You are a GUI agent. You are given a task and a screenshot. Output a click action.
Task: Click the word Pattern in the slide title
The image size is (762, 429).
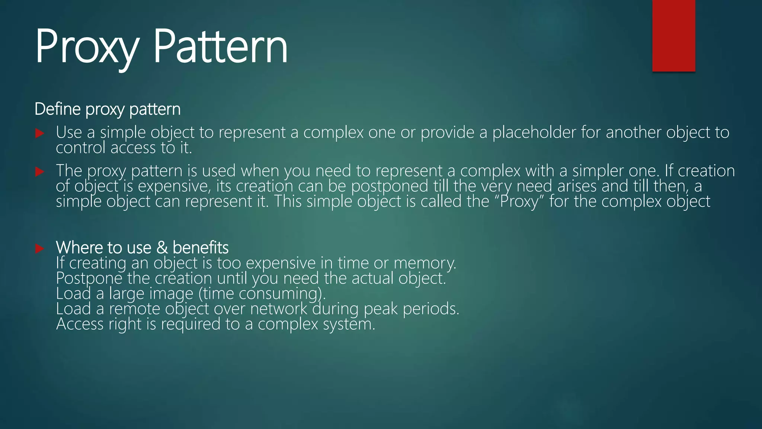tap(220, 48)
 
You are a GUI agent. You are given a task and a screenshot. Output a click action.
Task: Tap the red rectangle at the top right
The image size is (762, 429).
tap(673, 36)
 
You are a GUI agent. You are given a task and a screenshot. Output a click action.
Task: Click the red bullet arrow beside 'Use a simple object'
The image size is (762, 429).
tap(40, 133)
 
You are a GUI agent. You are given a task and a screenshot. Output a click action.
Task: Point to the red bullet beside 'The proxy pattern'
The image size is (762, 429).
tap(40, 172)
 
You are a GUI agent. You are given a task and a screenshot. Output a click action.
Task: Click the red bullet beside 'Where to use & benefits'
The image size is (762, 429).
tap(40, 248)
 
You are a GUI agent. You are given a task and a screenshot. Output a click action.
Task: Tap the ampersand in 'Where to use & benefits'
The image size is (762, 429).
tap(162, 248)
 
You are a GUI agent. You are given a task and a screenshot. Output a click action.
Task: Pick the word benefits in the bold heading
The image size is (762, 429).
tap(201, 248)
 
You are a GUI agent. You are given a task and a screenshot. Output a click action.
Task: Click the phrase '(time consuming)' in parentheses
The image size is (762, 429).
tap(262, 294)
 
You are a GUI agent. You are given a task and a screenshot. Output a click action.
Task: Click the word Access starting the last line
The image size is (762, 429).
tap(80, 324)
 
